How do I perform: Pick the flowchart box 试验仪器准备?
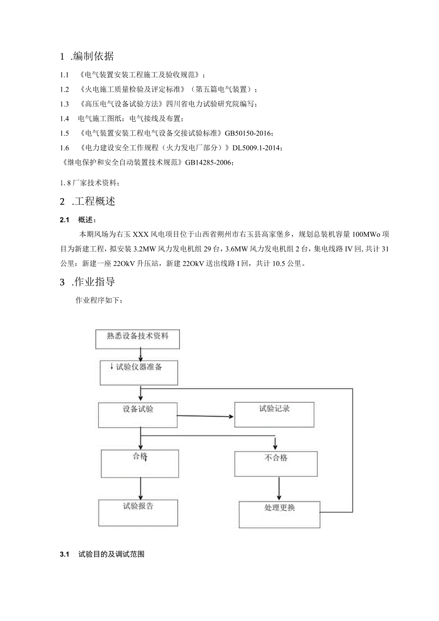click(x=139, y=372)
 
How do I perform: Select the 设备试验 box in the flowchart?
click(x=137, y=414)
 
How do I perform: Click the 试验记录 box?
click(x=274, y=414)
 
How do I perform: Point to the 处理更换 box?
click(x=280, y=514)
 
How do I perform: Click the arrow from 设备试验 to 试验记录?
click(x=205, y=416)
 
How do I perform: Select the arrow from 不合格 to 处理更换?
click(x=279, y=488)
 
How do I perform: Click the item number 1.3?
click(x=64, y=104)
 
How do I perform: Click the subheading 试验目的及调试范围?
click(x=112, y=555)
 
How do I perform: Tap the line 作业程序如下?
click(x=99, y=301)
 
